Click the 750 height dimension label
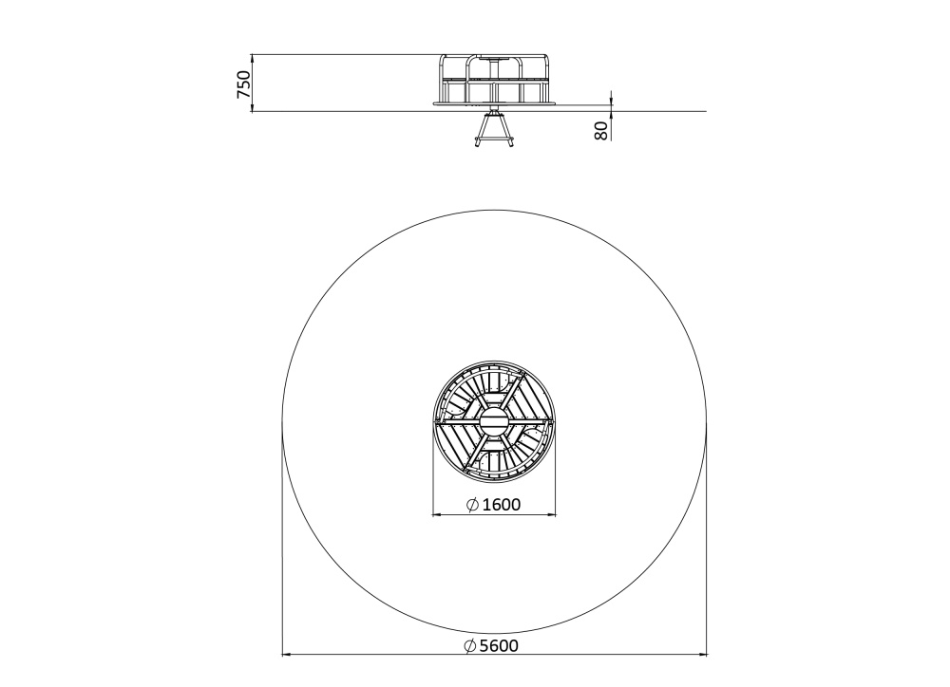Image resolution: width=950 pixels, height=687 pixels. coord(243,84)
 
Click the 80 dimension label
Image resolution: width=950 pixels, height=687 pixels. coord(601,130)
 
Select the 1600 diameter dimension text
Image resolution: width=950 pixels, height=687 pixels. coord(501,504)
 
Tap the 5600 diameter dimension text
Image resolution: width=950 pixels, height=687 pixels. coord(499,646)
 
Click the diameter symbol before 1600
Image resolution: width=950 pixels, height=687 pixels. coord(472,504)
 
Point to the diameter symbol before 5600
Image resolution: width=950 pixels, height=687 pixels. coord(470,646)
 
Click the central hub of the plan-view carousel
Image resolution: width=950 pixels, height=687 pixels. coord(494,421)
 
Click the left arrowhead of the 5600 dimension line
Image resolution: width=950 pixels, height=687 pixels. coord(288,655)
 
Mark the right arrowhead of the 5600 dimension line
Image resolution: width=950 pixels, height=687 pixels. coord(701,655)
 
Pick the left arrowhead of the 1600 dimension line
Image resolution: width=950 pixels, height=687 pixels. coord(437,515)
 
